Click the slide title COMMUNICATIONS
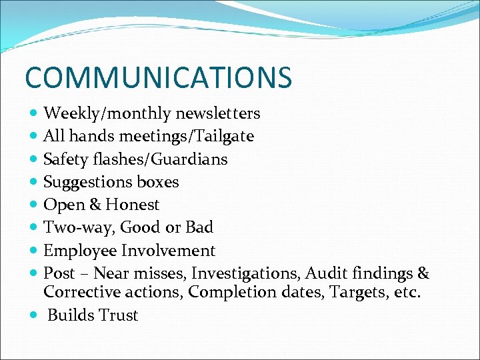click(x=158, y=77)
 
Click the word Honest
click(x=132, y=205)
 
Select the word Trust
click(x=117, y=315)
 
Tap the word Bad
click(x=199, y=227)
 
